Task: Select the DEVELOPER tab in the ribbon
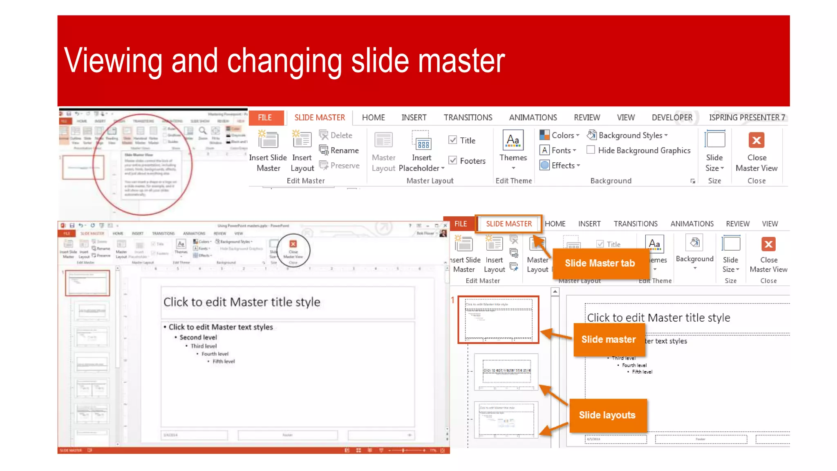point(671,118)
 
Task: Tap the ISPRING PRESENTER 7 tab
point(747,118)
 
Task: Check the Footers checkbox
point(453,161)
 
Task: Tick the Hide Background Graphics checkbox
point(591,150)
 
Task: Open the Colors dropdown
point(559,135)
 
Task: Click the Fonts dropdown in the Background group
point(558,150)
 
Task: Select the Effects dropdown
point(560,166)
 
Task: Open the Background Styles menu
point(627,135)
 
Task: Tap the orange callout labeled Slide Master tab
point(600,263)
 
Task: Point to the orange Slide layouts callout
point(607,415)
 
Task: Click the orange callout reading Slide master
point(609,339)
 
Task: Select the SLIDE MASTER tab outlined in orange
point(509,224)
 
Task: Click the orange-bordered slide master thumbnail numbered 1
point(499,320)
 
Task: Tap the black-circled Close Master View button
point(293,250)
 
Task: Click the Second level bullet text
point(198,337)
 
